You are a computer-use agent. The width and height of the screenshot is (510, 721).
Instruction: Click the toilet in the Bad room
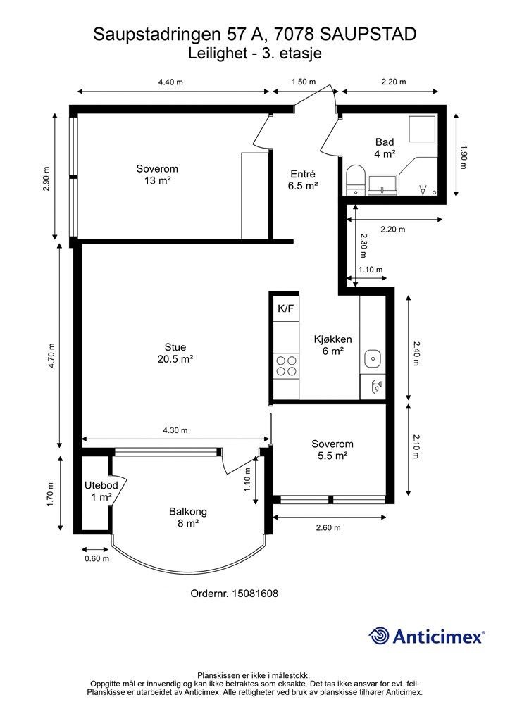[354, 180]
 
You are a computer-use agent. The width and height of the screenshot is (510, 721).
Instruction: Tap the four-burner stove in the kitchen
[285, 366]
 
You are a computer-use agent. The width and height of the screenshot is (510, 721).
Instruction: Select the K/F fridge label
[285, 308]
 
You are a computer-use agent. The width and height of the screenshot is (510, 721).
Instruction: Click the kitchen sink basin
[372, 358]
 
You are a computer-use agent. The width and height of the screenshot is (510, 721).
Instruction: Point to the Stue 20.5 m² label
[175, 353]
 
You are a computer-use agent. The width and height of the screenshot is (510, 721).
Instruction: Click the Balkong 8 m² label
[187, 517]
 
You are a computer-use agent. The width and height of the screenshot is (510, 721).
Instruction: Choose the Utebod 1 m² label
[101, 491]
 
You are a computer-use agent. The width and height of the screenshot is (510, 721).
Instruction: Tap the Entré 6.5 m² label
[303, 180]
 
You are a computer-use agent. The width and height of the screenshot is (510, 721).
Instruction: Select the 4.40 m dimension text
[170, 82]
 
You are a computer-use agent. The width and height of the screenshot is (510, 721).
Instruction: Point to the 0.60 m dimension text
[97, 558]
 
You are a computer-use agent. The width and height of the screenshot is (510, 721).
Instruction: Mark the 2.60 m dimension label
[328, 528]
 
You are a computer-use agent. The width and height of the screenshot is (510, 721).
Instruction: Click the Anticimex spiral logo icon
[378, 637]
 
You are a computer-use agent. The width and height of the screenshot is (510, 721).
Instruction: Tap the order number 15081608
[255, 594]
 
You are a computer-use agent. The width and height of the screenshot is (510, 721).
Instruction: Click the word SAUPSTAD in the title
[368, 35]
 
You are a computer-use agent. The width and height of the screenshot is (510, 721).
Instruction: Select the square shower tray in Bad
[422, 130]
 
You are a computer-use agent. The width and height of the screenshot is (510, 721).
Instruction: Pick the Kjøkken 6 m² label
[333, 345]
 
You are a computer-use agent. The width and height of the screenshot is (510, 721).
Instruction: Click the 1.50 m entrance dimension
[304, 82]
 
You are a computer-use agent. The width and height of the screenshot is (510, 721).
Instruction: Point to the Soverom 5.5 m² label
[332, 450]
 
